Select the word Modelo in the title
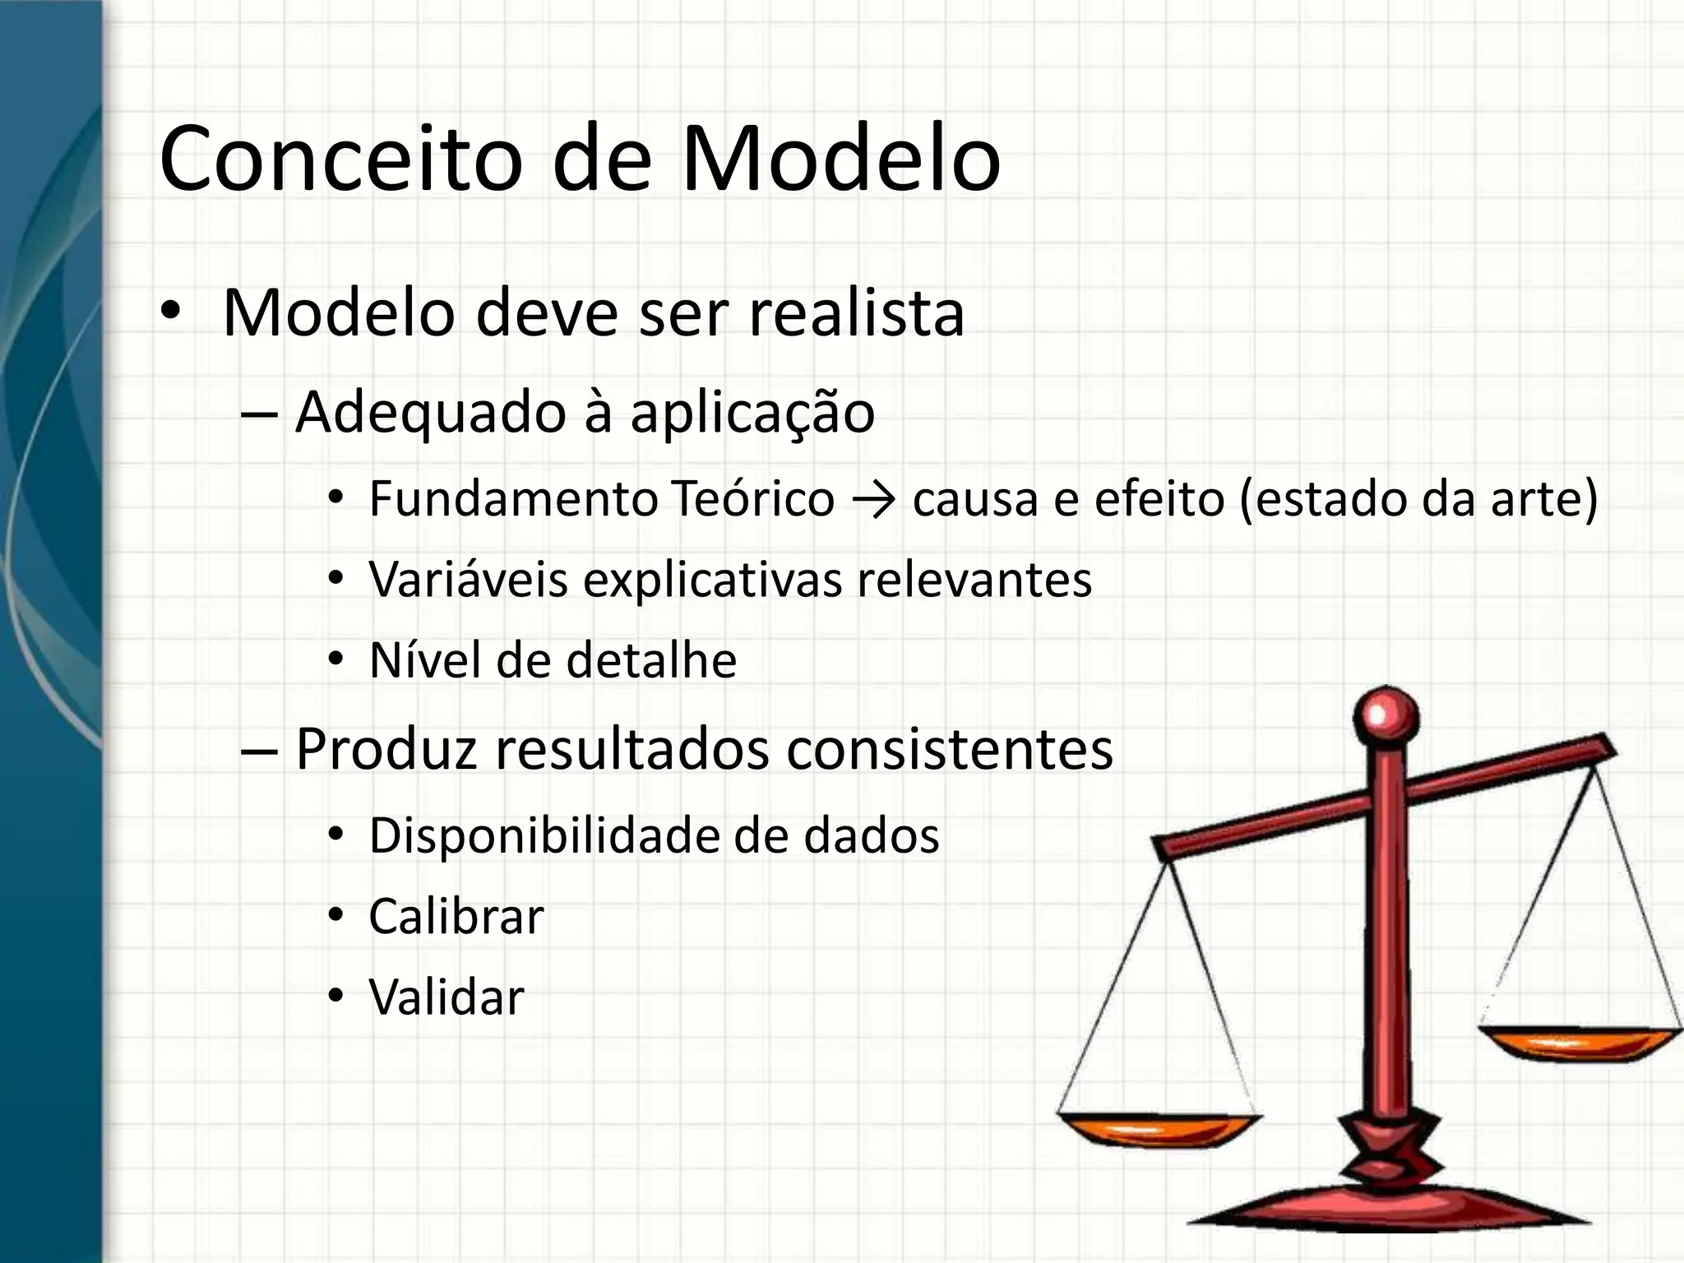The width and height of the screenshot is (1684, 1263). click(x=840, y=159)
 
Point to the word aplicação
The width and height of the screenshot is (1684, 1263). click(x=752, y=413)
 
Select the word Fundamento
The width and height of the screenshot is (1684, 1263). click(x=511, y=499)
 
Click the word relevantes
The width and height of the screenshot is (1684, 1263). click(x=974, y=580)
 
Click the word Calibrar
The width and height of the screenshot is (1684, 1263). click(x=456, y=917)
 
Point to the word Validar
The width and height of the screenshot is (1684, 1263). click(x=446, y=997)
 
